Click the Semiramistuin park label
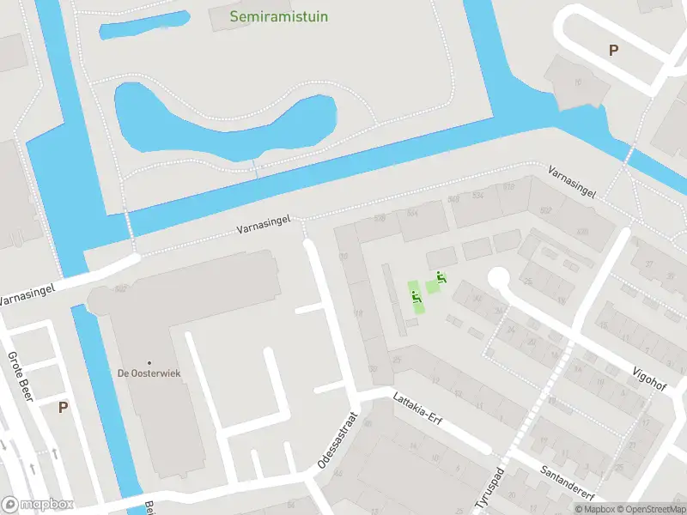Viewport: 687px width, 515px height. coord(279,16)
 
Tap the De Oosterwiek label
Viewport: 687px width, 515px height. coord(149,373)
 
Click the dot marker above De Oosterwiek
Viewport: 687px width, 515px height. coord(149,363)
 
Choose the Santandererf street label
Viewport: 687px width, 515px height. coord(568,485)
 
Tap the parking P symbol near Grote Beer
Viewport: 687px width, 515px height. coord(63,408)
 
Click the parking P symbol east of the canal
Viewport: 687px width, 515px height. coord(613,51)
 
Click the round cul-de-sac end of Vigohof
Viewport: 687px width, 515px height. coord(499,278)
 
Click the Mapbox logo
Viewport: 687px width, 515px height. coord(38,505)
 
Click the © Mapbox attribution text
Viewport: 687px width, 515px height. coord(593,509)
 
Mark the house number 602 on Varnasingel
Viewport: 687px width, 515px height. coord(545,210)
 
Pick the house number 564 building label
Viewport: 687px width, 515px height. coord(412,213)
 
